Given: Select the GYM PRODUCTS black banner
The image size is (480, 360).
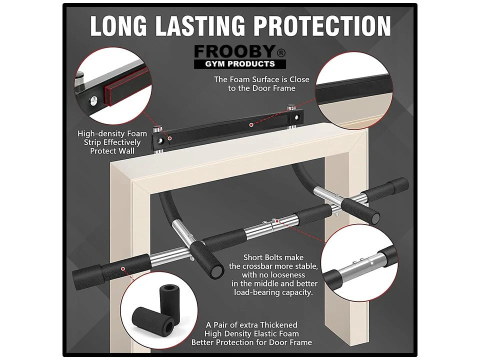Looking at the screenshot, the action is (239, 64).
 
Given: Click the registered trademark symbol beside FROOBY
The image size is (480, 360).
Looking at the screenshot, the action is (281, 53).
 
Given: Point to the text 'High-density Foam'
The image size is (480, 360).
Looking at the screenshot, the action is (112, 134).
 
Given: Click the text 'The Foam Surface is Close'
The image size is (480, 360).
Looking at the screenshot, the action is (261, 79).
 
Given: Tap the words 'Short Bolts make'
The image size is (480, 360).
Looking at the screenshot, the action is (273, 257).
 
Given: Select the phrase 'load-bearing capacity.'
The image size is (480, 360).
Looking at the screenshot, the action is (273, 292).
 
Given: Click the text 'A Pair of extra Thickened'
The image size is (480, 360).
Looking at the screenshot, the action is (251, 325).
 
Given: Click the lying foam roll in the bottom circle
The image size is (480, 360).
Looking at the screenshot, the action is (153, 321).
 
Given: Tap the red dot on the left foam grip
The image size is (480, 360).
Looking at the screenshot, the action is (123, 269).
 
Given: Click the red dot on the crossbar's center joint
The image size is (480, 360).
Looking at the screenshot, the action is (277, 220).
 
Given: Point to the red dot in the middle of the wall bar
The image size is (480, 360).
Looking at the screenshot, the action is (251, 125).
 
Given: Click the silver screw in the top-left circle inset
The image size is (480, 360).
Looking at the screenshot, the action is (93, 99).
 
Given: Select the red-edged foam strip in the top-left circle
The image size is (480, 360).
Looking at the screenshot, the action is (127, 87).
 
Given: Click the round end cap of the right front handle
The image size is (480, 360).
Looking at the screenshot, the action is (375, 218).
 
